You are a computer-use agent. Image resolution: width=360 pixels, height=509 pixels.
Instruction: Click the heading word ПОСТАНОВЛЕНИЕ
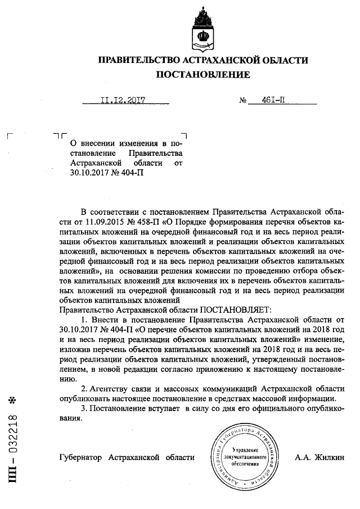coord(204,74)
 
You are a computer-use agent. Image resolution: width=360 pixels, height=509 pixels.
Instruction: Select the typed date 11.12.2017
coord(123,101)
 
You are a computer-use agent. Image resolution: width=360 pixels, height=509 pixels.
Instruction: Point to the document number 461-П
coord(276,101)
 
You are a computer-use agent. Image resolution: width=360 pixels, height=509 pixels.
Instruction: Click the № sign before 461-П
coord(244,101)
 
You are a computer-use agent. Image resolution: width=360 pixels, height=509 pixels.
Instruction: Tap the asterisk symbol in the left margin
coord(16,401)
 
